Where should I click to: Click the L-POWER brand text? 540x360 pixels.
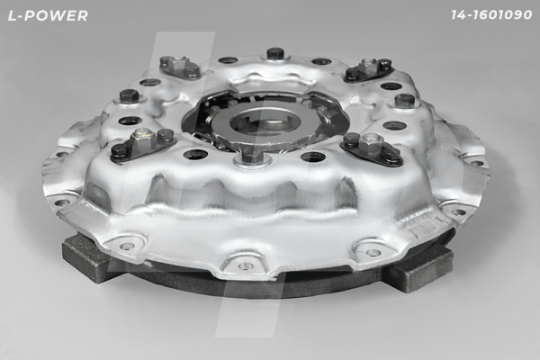click(x=46, y=15)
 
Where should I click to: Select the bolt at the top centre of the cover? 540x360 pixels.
click(x=275, y=53)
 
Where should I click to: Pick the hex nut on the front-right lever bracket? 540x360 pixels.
click(x=372, y=141)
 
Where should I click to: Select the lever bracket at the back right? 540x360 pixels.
click(x=369, y=68)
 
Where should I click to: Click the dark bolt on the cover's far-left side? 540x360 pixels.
click(x=128, y=94)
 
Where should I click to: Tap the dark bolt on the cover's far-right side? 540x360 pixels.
click(x=404, y=100)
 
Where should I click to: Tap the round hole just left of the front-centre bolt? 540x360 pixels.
click(x=195, y=154)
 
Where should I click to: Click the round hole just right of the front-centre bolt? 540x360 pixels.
click(x=312, y=157)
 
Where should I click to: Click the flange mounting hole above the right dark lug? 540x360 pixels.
click(x=373, y=252)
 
